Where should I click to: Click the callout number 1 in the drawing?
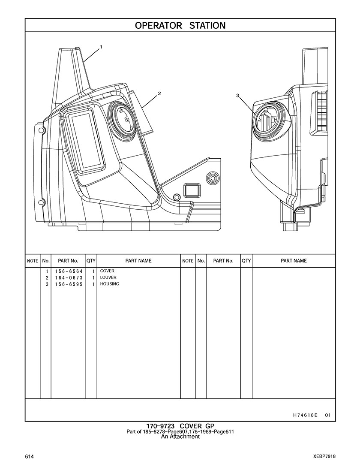tap(101, 47)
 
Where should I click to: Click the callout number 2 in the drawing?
tap(159, 93)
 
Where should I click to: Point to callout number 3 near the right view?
tap(237, 96)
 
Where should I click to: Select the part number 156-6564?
tap(69, 271)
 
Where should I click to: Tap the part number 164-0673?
tap(69, 278)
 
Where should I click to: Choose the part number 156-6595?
tap(69, 284)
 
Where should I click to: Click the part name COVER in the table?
tap(107, 271)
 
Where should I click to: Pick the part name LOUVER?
tap(108, 277)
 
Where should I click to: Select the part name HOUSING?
tap(110, 284)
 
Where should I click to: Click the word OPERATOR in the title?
tap(159, 26)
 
